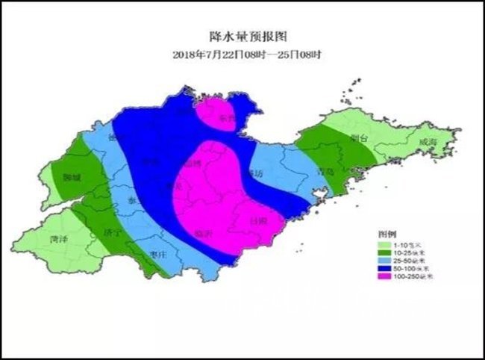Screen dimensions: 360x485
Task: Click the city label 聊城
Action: [72, 179]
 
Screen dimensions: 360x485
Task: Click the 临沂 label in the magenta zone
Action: [202, 234]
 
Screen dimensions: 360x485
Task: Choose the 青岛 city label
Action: [323, 171]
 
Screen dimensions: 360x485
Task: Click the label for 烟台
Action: [359, 138]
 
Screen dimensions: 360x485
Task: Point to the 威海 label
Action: [428, 142]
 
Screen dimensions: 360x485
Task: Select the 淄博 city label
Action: [191, 164]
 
